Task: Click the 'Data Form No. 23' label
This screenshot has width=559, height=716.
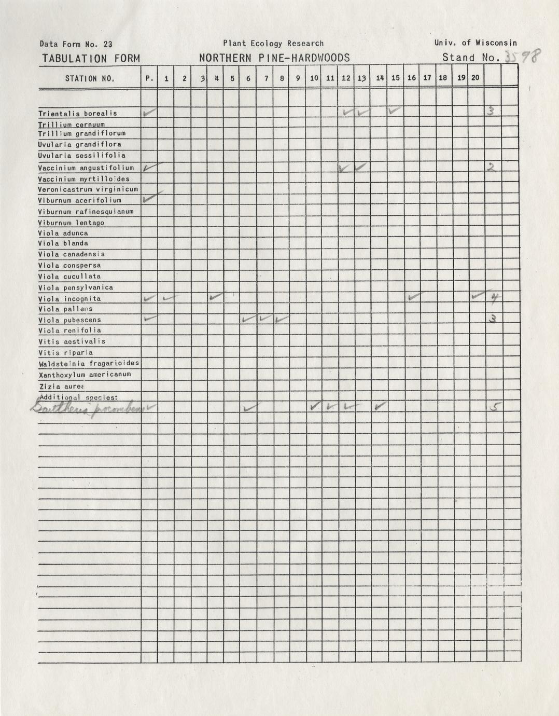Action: [x=76, y=45]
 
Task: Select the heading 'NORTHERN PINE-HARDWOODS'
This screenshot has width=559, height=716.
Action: [x=274, y=58]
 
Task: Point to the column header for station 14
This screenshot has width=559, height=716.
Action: [x=380, y=78]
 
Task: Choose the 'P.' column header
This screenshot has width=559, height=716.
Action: [x=149, y=79]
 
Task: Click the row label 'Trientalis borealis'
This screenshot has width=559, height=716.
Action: [x=78, y=114]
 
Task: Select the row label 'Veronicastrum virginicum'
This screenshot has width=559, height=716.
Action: [x=88, y=189]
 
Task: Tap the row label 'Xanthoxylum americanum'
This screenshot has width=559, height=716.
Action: [x=85, y=375]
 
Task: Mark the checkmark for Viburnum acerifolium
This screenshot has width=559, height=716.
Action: [x=151, y=197]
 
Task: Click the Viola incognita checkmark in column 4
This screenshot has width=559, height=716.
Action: [x=216, y=297]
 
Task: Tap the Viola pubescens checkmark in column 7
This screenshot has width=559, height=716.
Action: [x=264, y=318]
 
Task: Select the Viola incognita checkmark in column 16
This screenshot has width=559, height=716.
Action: [x=415, y=297]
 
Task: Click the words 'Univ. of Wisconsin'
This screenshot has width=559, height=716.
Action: [x=476, y=44]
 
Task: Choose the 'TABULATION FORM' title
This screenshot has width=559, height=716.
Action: [x=91, y=59]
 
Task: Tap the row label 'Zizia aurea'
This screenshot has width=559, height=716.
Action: [x=61, y=387]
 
